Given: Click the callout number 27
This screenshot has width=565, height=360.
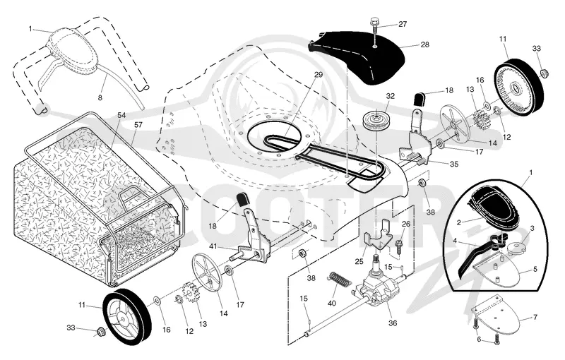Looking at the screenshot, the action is pos(402,24).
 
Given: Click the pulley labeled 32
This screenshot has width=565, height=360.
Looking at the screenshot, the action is pos(375,121).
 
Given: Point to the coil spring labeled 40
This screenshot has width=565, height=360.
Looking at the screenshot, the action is pos(339,280).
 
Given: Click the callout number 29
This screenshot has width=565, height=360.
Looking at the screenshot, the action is pos(319,76).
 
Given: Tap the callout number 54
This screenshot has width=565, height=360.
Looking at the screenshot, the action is pos(121,115).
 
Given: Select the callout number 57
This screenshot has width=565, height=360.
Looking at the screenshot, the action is pos(138,125).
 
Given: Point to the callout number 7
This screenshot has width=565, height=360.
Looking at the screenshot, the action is pos(535,317).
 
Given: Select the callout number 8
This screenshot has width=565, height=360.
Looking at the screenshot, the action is pos(100,97).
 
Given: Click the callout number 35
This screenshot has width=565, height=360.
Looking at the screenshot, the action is pos(454,164).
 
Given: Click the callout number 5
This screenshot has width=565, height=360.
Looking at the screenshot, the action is pos(535,269).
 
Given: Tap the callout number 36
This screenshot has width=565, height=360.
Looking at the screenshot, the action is pos(393,323).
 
